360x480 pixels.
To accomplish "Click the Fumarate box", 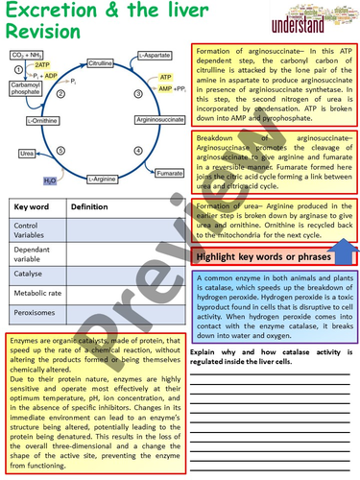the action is point(169,173).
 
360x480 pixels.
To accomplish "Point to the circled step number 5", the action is point(61,150).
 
